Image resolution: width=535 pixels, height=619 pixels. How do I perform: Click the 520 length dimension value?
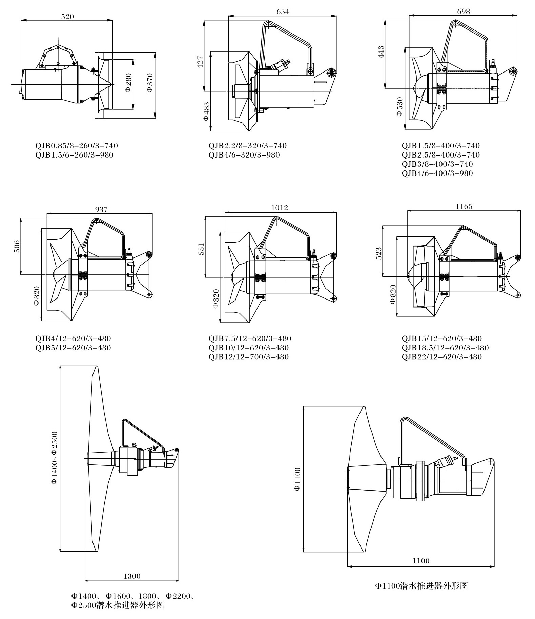tap(67, 16)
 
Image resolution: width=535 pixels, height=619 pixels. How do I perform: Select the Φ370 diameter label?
tap(150, 84)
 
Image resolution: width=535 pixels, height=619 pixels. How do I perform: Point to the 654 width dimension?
tap(283, 12)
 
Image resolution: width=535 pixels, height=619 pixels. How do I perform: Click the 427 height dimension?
tap(200, 62)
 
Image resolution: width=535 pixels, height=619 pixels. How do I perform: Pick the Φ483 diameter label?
tap(206, 111)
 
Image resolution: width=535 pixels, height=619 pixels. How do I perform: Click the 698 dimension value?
tap(464, 12)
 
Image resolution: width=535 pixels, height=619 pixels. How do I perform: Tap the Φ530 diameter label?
tap(400, 107)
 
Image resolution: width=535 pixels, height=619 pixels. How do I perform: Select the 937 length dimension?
tap(101, 209)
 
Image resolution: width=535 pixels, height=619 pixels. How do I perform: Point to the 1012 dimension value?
tap(280, 208)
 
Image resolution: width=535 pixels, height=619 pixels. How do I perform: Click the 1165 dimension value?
tap(464, 206)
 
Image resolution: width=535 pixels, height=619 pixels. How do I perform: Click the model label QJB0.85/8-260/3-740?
tap(77, 146)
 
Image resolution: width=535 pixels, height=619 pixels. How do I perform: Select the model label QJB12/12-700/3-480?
tap(249, 357)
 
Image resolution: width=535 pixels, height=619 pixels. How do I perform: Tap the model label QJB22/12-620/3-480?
tap(441, 357)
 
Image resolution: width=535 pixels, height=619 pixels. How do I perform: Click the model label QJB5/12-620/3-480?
tap(73, 348)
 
